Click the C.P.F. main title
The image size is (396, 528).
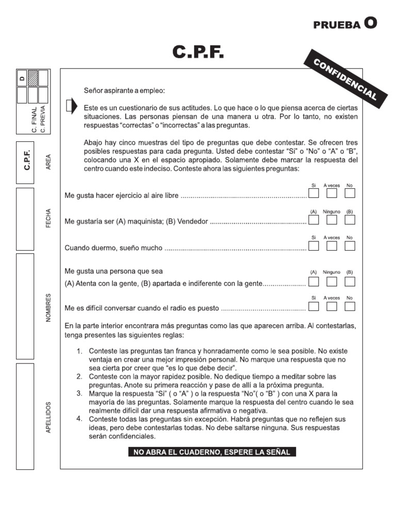(x=198, y=53)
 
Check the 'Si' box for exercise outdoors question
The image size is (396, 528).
(x=313, y=193)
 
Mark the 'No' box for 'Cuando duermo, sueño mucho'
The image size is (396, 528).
(x=350, y=246)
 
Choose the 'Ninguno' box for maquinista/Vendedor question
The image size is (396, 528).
(x=332, y=220)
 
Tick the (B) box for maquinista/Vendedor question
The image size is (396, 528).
(x=350, y=220)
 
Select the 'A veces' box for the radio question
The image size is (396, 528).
(x=332, y=306)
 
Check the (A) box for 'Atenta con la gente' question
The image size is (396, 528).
(x=313, y=281)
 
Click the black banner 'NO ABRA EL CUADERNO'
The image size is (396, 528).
(x=212, y=452)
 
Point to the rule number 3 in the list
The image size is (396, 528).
(x=80, y=393)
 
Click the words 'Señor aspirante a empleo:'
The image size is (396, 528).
(x=125, y=91)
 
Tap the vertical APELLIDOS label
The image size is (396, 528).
(x=48, y=418)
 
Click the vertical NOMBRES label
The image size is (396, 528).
(x=48, y=308)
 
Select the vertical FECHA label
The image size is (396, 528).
(x=48, y=219)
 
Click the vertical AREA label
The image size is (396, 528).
(x=48, y=161)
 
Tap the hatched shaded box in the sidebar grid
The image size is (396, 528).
(x=32, y=78)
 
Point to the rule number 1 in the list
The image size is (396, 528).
(x=80, y=351)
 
